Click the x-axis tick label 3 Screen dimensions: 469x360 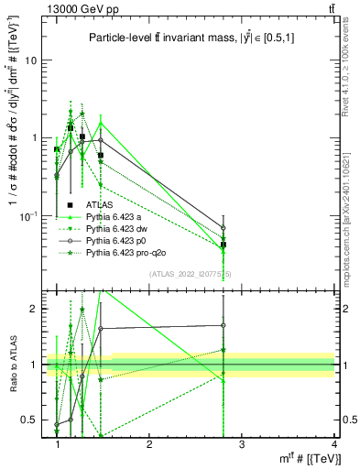pyautogui.click(x=242, y=445)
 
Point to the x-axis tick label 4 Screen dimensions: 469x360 pyautogui.click(x=333, y=445)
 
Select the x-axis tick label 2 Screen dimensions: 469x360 pyautogui.click(x=150, y=445)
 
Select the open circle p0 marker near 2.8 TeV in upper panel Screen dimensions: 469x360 pyautogui.click(x=224, y=228)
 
